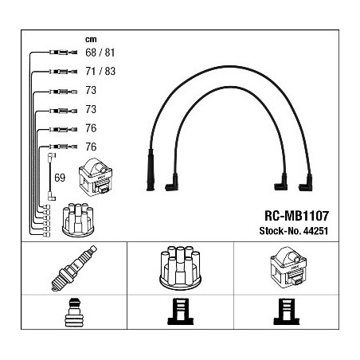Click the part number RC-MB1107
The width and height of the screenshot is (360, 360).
click(296, 216)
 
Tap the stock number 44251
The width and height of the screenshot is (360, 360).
click(315, 231)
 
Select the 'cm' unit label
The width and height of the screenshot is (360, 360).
click(91, 40)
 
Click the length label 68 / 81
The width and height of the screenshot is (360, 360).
click(100, 53)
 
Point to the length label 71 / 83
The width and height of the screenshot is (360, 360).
click(100, 71)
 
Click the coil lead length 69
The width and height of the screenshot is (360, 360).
click(60, 178)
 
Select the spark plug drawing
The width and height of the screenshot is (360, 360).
click(74, 268)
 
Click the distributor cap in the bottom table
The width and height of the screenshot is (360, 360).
click(180, 268)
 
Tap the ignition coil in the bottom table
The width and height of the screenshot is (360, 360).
click(288, 268)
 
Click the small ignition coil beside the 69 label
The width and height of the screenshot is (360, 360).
click(96, 177)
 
